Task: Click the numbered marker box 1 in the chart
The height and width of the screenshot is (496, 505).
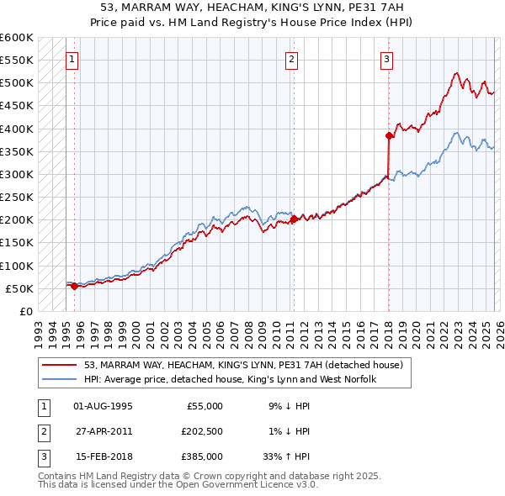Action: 72,60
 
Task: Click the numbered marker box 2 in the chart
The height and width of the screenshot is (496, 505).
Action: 291,60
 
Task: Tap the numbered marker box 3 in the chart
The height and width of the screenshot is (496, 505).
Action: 386,60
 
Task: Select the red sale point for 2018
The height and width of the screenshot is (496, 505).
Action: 389,135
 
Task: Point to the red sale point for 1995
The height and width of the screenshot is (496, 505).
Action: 74,286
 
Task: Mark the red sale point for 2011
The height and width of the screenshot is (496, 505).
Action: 294,219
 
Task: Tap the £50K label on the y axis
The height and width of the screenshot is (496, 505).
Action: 19,288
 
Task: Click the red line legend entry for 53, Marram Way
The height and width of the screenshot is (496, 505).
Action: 244,365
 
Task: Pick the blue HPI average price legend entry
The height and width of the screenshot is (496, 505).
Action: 229,379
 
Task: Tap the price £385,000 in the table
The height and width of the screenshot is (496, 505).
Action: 202,456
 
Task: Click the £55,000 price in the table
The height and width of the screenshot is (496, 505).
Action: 205,406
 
